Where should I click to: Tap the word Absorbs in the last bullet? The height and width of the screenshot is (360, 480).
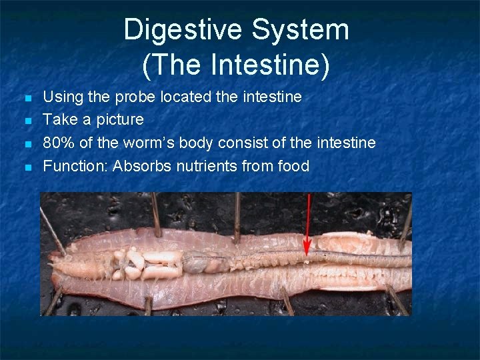(x=143, y=166)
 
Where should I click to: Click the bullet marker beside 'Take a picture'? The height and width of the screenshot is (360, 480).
(x=27, y=121)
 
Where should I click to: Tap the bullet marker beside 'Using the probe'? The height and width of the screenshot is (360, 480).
(x=27, y=99)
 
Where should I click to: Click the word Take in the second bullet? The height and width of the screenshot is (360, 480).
(x=57, y=120)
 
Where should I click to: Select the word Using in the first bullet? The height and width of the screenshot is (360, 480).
(x=61, y=97)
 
